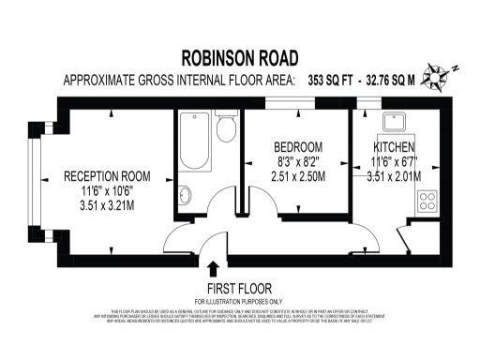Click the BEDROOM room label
[298, 147]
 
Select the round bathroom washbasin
[185, 195]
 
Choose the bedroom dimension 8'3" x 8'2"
[297, 161]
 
